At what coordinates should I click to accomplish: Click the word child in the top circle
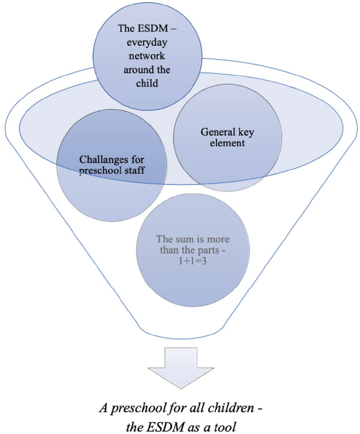coord(147,84)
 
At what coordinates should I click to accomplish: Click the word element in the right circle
coord(228,143)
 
